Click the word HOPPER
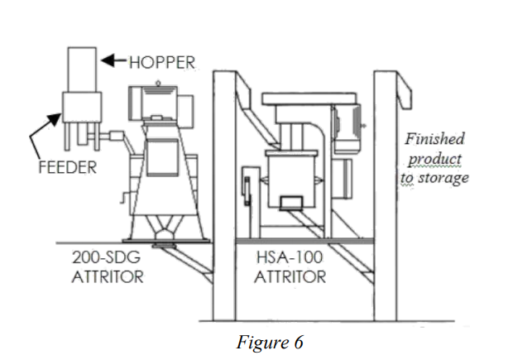pos(163,61)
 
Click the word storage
pos(448,177)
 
